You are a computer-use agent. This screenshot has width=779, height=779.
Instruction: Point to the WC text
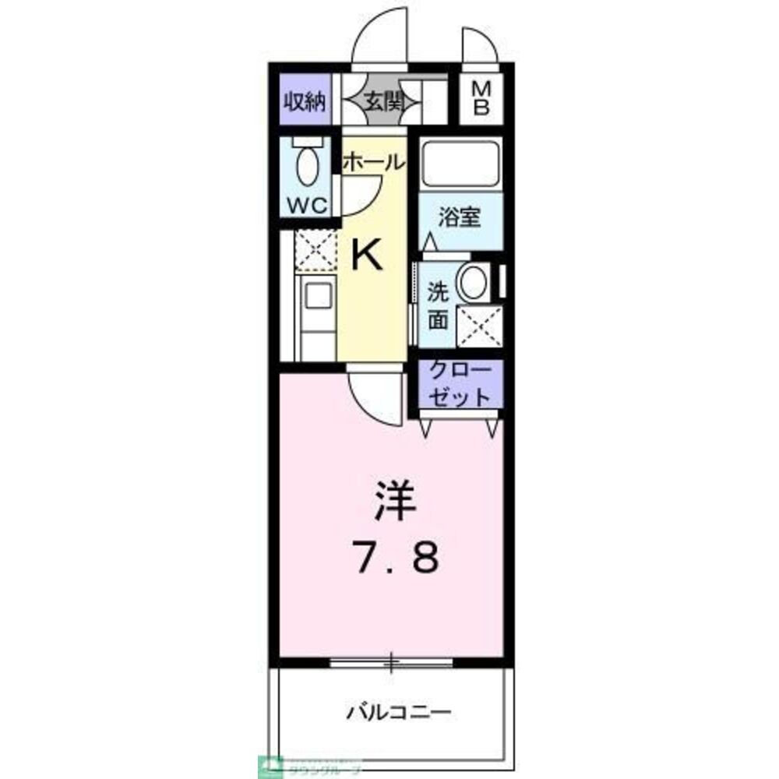coord(309,206)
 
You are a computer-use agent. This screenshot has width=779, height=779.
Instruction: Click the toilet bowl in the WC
coord(309,166)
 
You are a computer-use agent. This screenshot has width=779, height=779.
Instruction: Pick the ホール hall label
coord(373,162)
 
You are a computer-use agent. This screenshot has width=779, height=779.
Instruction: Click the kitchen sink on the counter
coord(318,297)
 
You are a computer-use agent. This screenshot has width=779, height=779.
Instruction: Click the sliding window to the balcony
coord(391,663)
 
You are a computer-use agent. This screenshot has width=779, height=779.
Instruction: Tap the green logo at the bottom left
coord(273,764)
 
